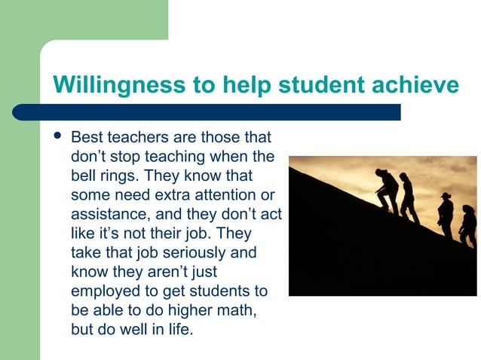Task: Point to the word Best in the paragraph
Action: (86, 139)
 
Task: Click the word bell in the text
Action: (83, 176)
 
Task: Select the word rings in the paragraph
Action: (119, 176)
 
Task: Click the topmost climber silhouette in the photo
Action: (388, 191)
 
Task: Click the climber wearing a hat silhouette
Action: (446, 215)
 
